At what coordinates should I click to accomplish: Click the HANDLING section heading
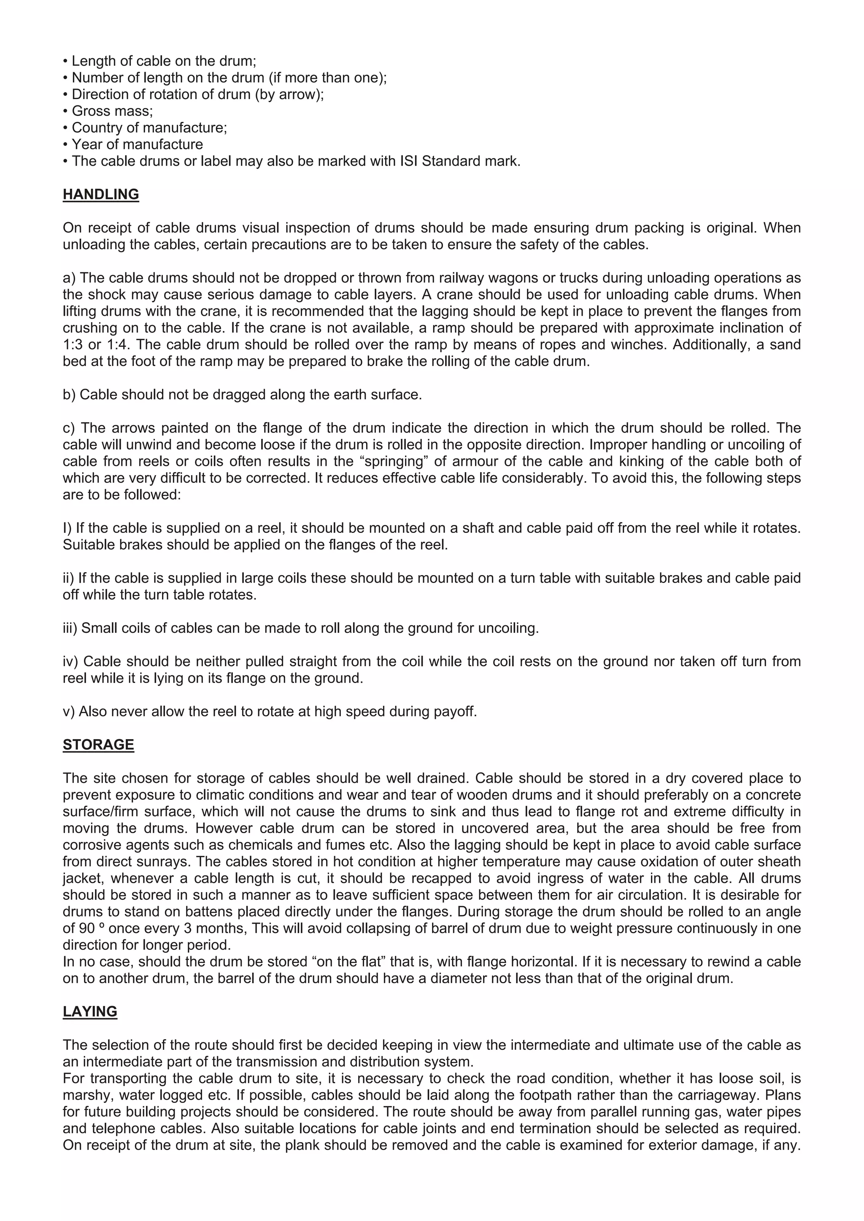coord(100,195)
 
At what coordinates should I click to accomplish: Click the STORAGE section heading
coord(98,745)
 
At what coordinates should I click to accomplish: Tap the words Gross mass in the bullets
coord(112,111)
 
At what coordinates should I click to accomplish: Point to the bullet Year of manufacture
coord(137,145)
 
